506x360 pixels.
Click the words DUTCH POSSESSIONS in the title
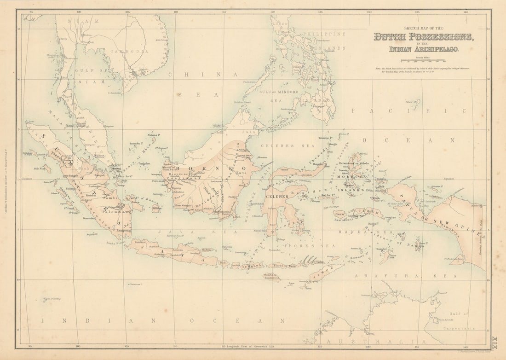point(423,37)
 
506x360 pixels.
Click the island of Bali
point(224,262)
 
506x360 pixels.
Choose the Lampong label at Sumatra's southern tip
point(123,230)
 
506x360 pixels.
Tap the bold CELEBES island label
point(276,197)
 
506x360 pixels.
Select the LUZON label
point(280,23)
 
